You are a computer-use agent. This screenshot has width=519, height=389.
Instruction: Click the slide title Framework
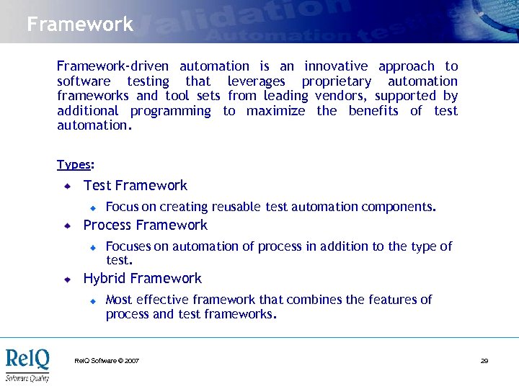click(x=80, y=24)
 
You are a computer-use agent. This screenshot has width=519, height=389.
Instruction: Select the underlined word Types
click(x=74, y=164)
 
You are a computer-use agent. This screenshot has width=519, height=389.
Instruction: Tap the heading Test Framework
click(x=136, y=186)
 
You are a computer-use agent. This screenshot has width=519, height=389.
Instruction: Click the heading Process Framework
click(x=146, y=225)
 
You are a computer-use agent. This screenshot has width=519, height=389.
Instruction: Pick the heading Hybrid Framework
click(x=143, y=279)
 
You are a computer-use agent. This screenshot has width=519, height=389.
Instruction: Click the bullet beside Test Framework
click(x=66, y=187)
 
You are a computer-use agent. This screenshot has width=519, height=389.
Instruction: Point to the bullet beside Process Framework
click(x=66, y=226)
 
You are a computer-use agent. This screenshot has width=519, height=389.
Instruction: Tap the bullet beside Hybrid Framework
click(x=66, y=280)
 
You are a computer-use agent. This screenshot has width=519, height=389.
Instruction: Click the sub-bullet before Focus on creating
click(x=93, y=208)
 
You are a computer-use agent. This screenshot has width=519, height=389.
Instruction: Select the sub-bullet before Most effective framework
click(x=93, y=300)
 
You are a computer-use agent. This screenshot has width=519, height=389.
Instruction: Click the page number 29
click(x=484, y=360)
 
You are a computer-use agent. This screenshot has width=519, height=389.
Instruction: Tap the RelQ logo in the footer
click(x=27, y=364)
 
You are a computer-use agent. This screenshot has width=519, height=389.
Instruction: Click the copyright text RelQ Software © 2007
click(x=107, y=360)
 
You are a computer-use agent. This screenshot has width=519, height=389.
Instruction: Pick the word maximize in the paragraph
click(x=276, y=111)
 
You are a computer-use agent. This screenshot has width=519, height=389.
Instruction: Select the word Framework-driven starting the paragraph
click(x=112, y=66)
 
